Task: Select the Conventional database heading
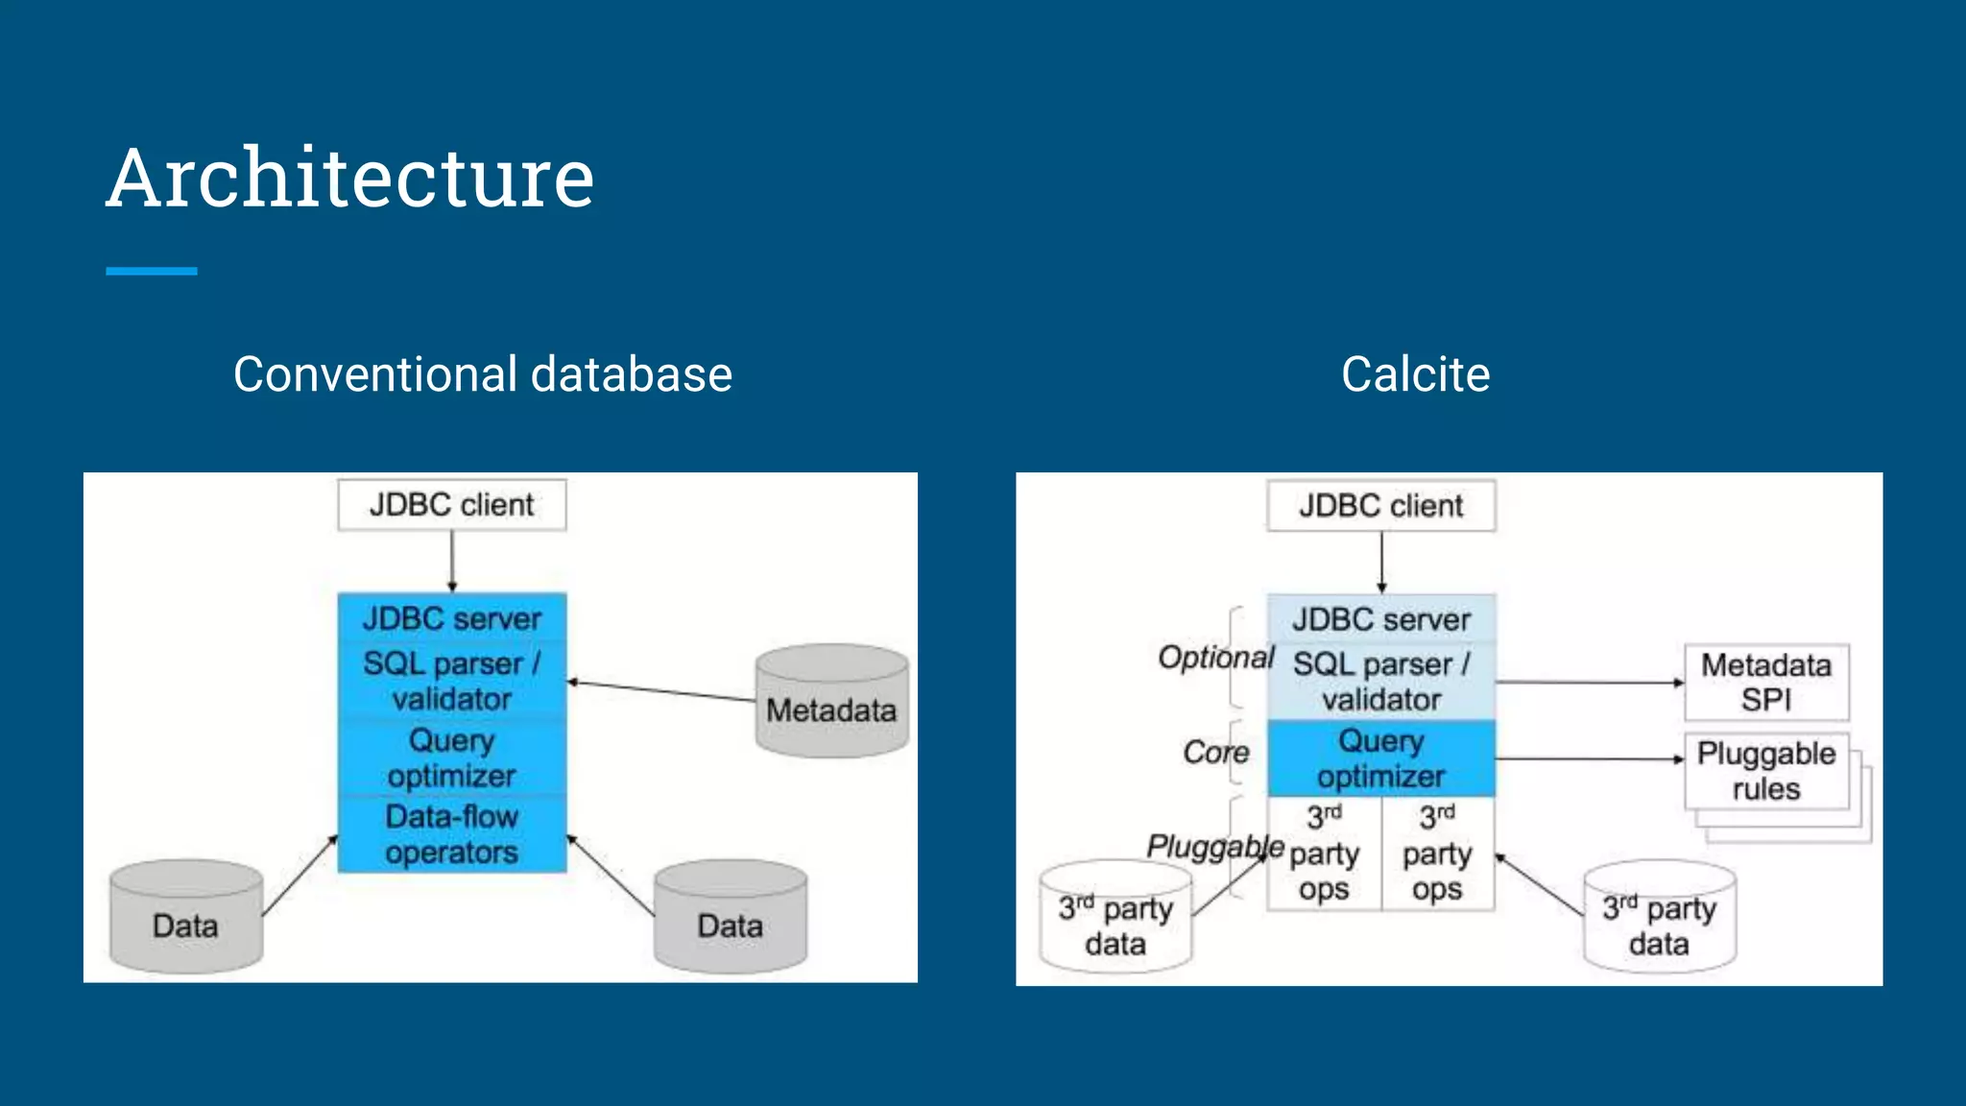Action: [x=482, y=374]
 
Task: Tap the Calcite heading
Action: [x=1415, y=374]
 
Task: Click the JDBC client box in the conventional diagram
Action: [x=451, y=505]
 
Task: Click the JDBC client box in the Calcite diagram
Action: [x=1380, y=506]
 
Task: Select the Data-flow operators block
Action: [x=451, y=834]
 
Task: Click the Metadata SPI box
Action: [x=1765, y=683]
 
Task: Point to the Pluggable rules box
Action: [x=1765, y=771]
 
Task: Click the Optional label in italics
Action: [x=1215, y=658]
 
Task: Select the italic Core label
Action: [x=1215, y=752]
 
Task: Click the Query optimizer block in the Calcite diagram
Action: [x=1380, y=758]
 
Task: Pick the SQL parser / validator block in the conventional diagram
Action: [x=451, y=681]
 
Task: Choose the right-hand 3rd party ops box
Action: [x=1436, y=854]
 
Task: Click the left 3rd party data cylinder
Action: [x=1115, y=919]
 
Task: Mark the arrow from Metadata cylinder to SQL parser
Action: [x=662, y=691]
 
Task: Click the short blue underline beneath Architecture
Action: [x=152, y=272]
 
